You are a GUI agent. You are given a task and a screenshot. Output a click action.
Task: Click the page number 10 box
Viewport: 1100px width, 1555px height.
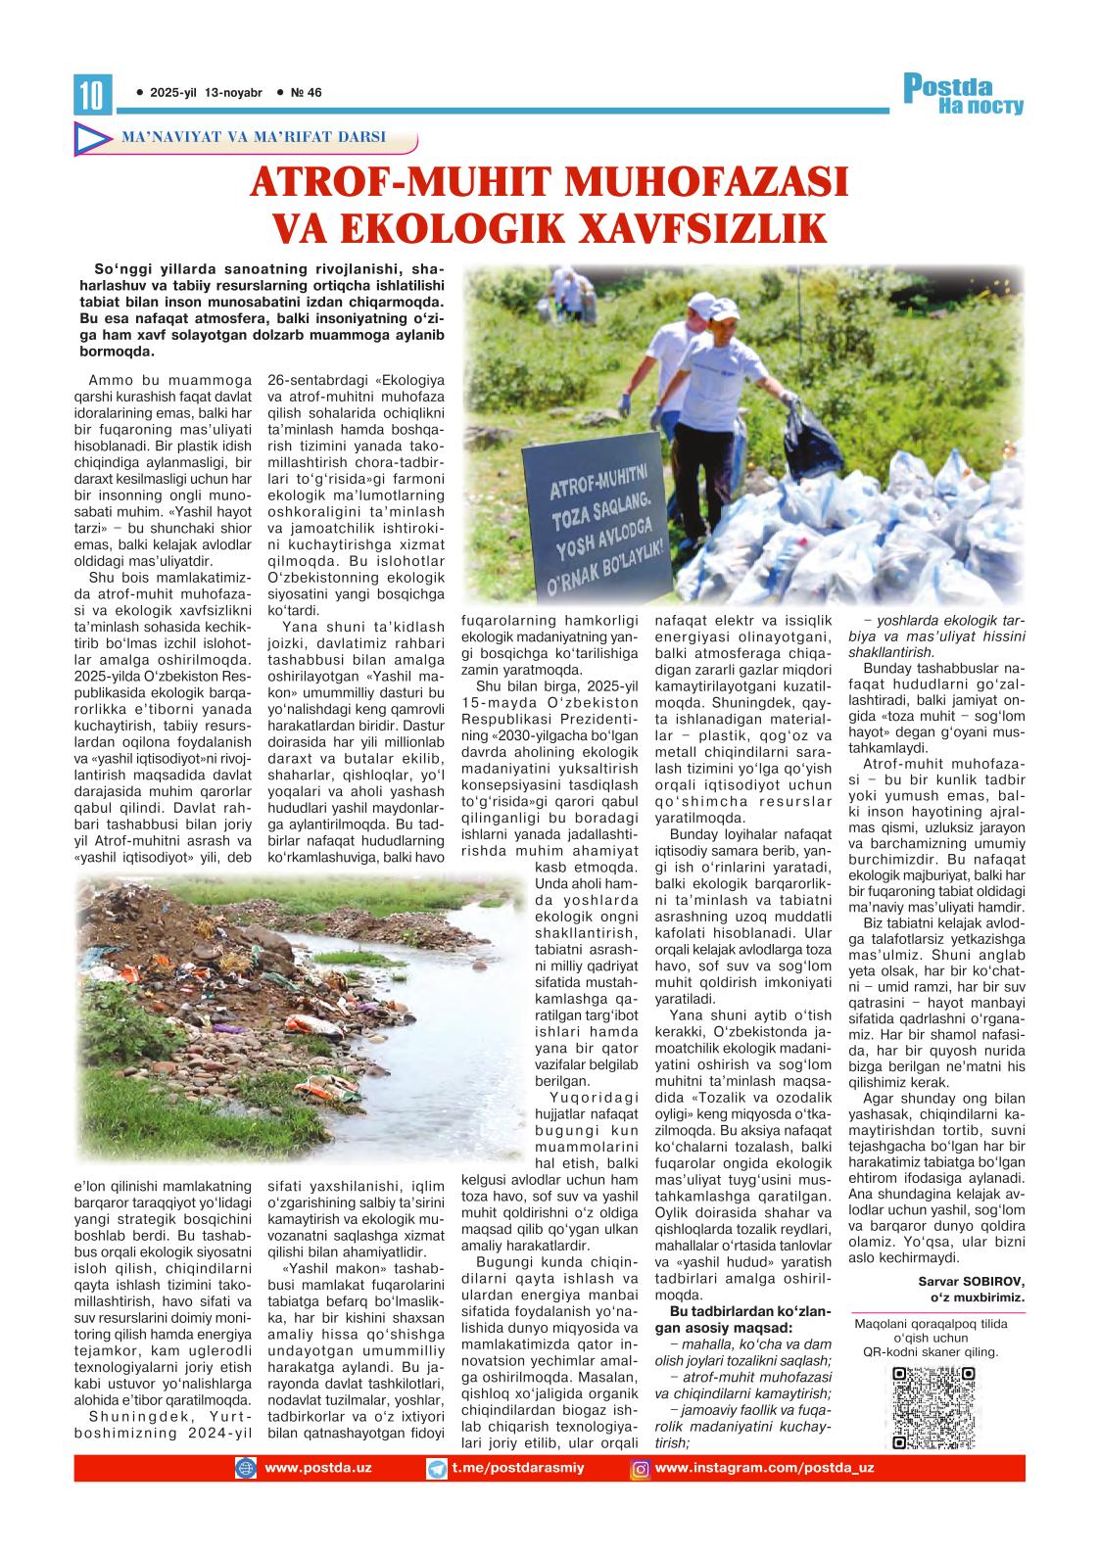click(93, 94)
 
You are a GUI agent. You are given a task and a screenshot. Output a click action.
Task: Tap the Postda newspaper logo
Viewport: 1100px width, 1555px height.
click(962, 95)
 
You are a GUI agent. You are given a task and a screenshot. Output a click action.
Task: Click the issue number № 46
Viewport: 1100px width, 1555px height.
click(307, 93)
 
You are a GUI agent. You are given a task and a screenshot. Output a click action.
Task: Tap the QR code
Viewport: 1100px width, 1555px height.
click(933, 1407)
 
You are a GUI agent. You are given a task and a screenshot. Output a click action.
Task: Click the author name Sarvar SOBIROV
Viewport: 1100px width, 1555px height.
click(971, 1281)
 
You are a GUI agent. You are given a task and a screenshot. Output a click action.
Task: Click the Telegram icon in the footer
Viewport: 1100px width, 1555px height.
click(438, 1469)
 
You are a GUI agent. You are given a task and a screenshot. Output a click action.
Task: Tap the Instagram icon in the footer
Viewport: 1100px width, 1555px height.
click(641, 1469)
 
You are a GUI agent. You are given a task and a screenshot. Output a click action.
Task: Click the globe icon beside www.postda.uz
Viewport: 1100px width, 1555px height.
click(245, 1469)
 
